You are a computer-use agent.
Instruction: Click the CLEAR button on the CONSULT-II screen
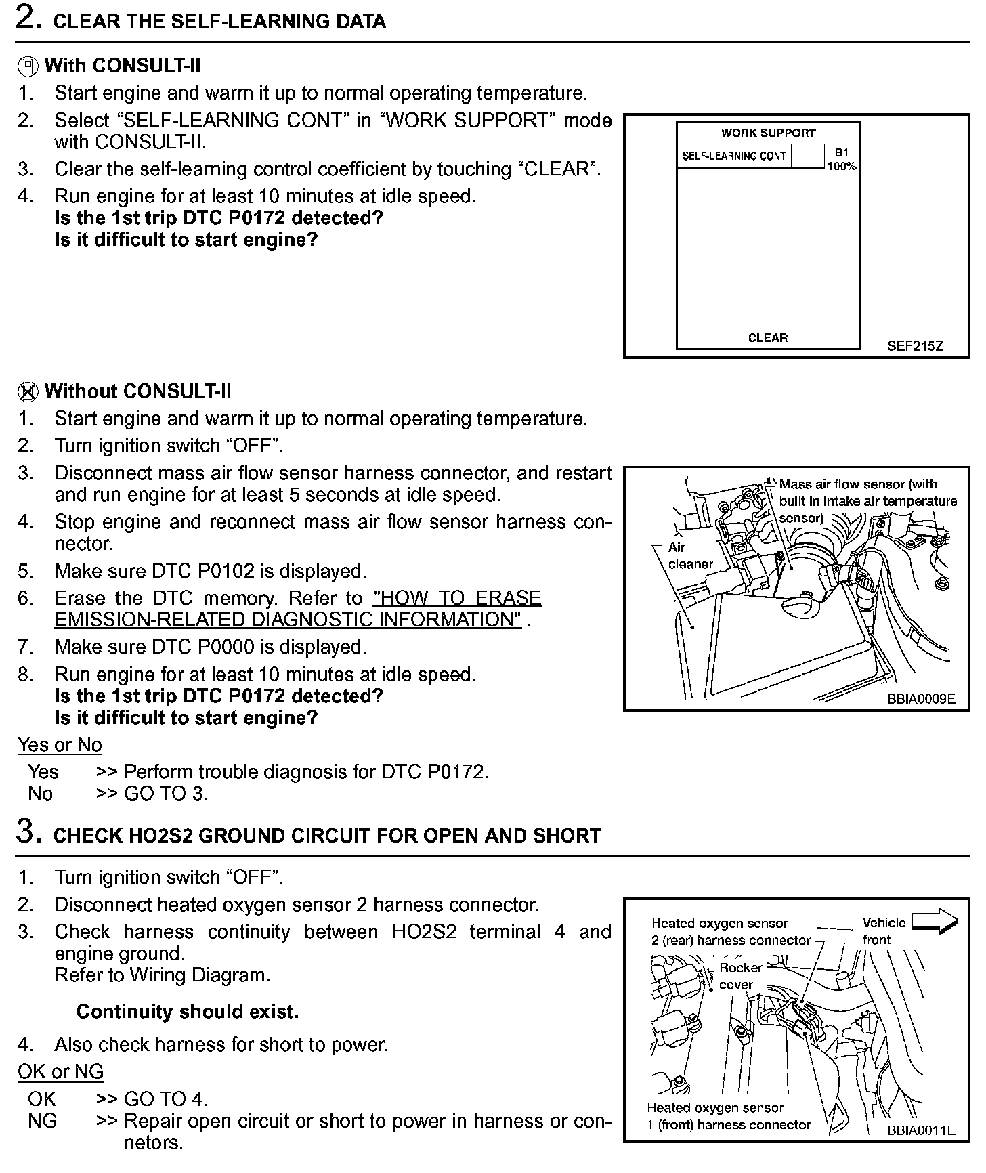768,338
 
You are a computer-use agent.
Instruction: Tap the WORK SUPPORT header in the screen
768,133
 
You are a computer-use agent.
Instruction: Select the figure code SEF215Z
915,346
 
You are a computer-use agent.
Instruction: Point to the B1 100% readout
841,160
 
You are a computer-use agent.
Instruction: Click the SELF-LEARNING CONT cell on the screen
733,156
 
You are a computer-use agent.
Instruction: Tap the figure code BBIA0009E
921,699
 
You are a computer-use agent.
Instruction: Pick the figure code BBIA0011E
921,1130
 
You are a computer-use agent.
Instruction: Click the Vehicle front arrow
935,922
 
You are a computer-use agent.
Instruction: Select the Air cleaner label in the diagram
690,555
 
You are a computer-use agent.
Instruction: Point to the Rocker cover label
740,976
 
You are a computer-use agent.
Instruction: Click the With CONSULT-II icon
27,66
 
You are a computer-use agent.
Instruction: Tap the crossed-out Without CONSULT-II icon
27,391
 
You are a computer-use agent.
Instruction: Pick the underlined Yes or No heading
60,745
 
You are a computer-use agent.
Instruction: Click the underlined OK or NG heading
60,1072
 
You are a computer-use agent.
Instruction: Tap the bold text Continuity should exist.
187,1012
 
